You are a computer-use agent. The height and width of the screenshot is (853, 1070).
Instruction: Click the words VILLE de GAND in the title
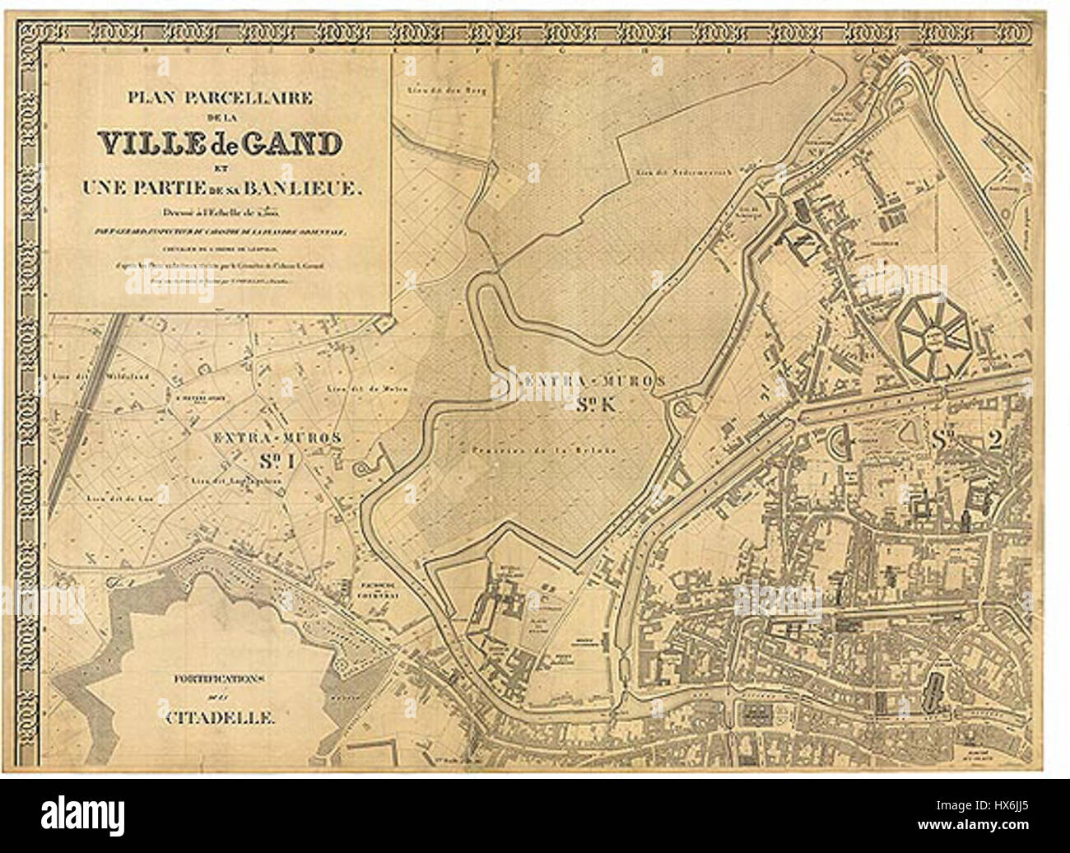[219, 144]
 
